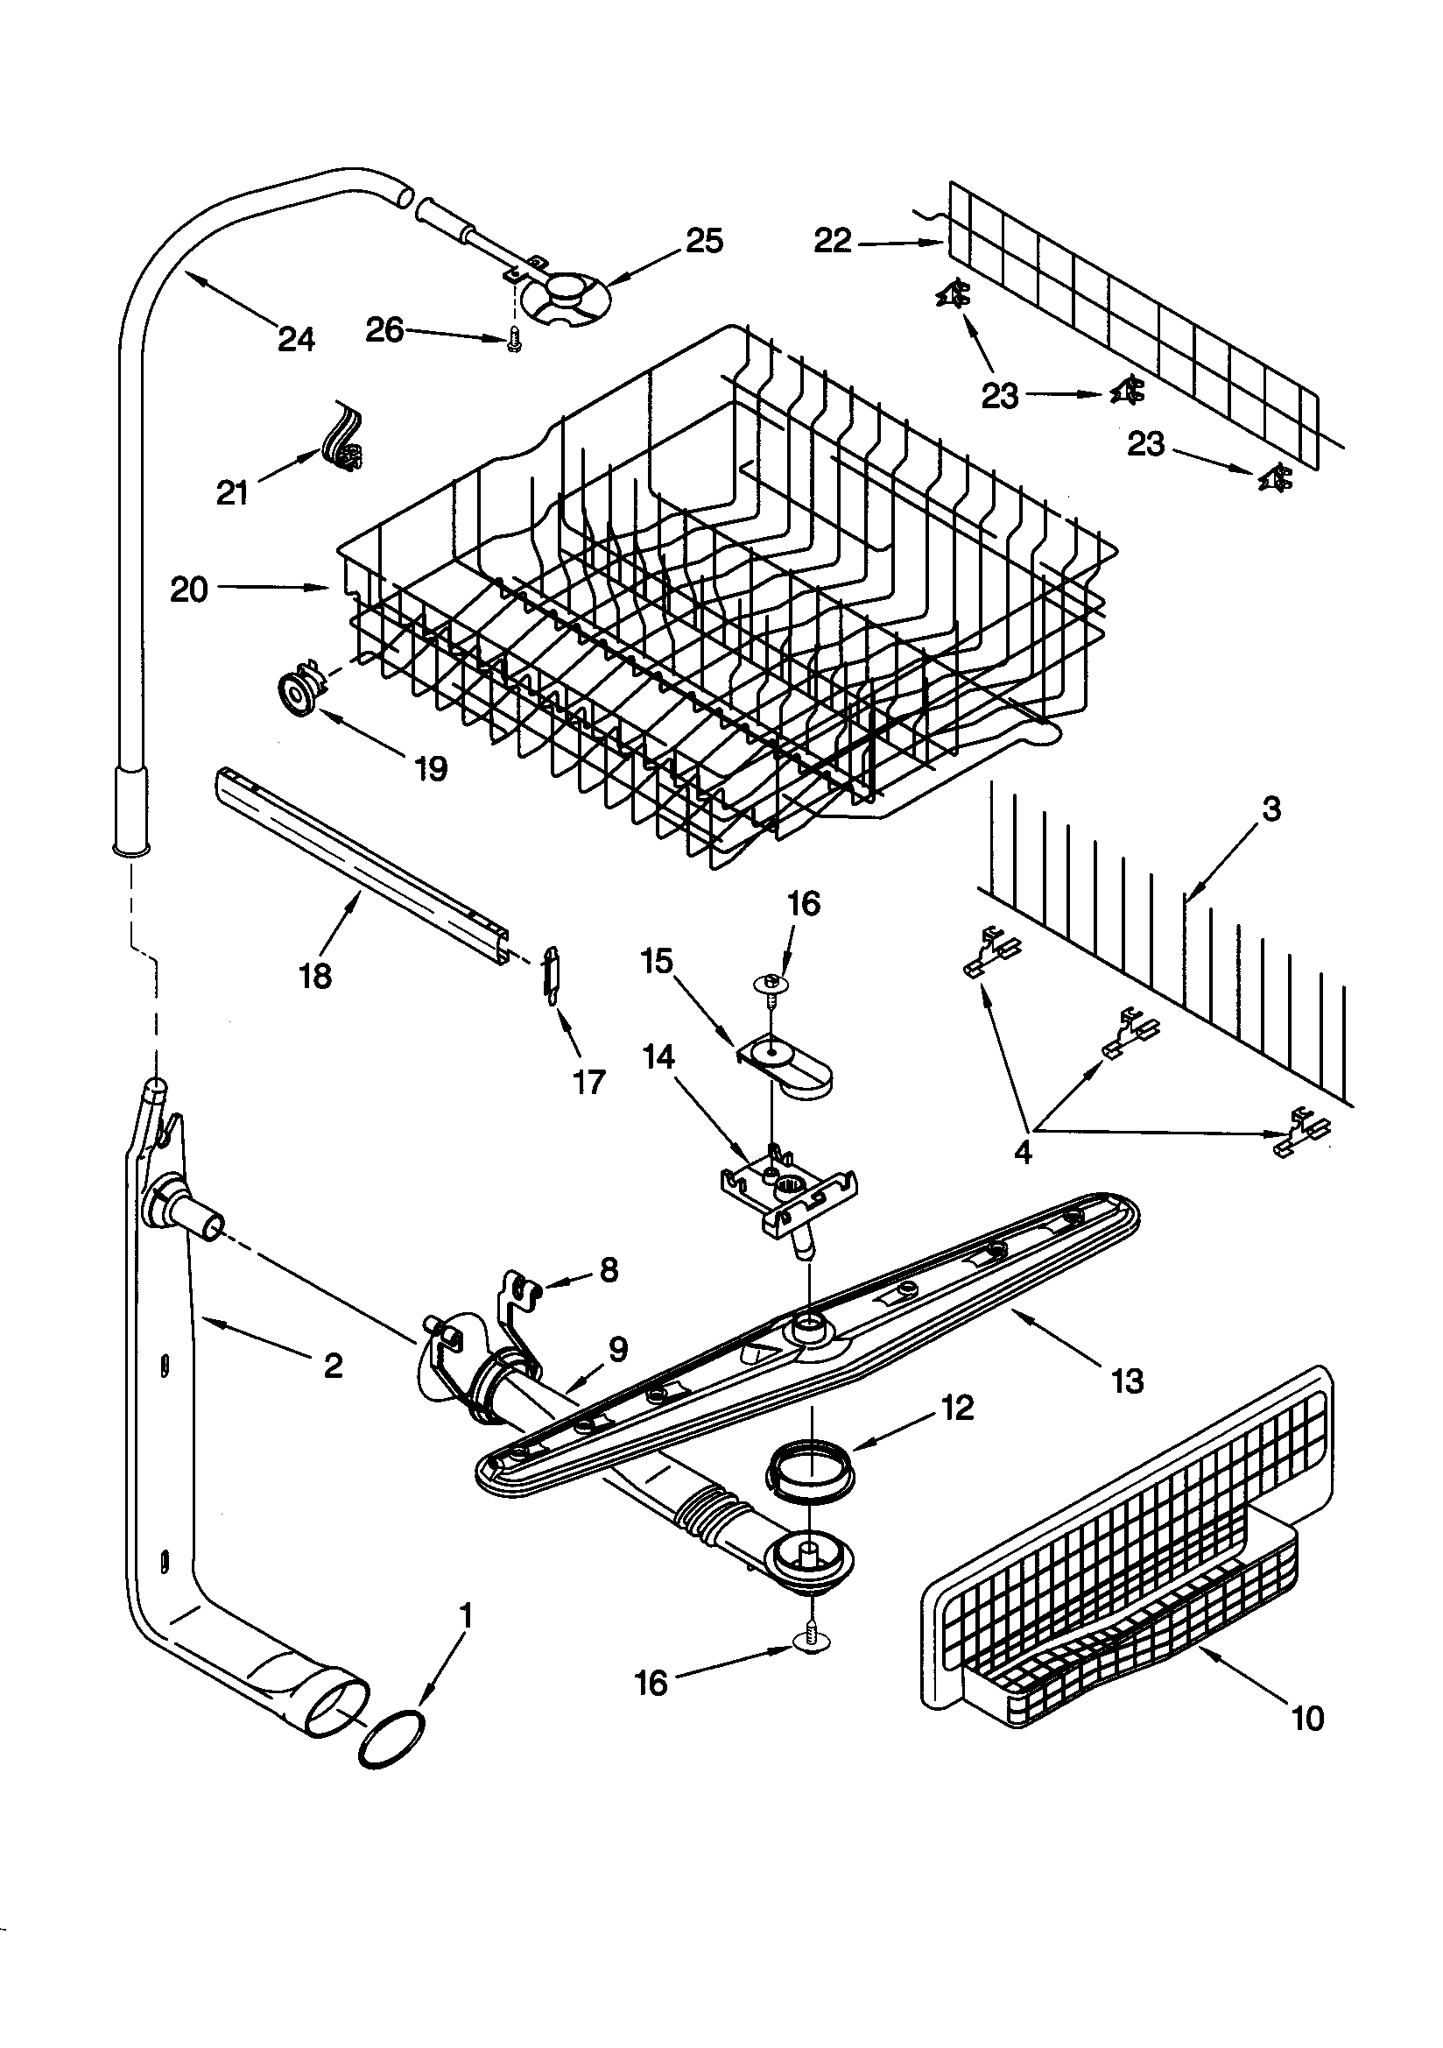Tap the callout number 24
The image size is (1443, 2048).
tap(296, 339)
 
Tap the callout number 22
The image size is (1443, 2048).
tap(832, 241)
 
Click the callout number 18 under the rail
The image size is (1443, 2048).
tap(316, 976)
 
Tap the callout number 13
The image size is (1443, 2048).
tap(1127, 1381)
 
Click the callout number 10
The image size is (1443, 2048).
tap(1307, 1718)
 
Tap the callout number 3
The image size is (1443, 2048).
tap(1271, 809)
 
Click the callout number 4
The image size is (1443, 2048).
tap(1024, 1153)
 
